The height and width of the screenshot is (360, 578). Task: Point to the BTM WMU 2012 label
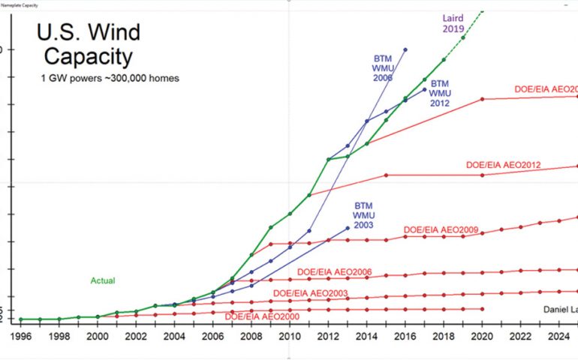(440, 93)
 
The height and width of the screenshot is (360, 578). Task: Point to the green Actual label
(103, 280)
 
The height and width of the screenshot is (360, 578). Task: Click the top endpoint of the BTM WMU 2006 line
(405, 49)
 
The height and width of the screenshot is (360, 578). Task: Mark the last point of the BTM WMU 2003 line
(348, 228)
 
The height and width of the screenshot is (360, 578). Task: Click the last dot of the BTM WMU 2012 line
(425, 90)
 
